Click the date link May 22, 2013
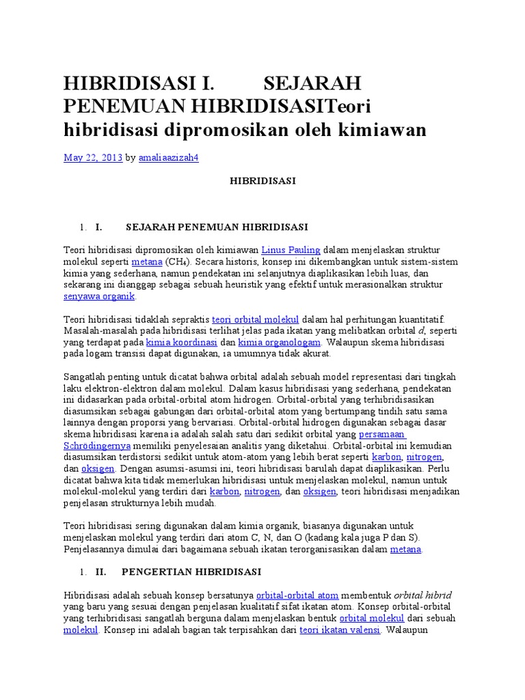[93, 158]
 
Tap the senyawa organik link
[100, 296]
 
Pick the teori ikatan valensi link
[340, 630]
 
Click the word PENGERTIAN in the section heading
[158, 571]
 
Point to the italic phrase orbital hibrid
[422, 595]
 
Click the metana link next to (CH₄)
[147, 262]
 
